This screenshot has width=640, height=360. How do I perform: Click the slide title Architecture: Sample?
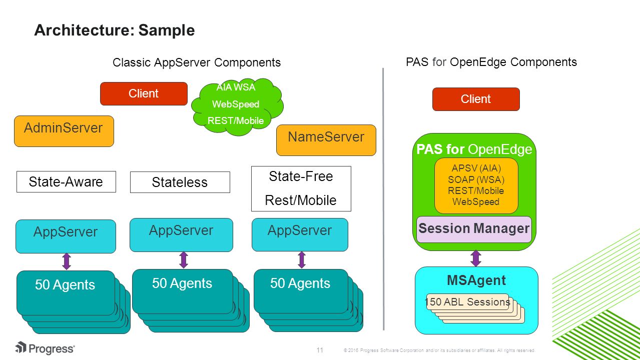[114, 30]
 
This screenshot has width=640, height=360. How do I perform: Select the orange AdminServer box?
[64, 131]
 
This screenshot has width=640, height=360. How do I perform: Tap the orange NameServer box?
[326, 140]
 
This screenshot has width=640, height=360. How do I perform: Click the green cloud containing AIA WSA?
[237, 106]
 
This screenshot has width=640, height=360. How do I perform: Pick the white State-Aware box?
[66, 182]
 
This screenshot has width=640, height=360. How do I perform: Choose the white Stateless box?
[180, 182]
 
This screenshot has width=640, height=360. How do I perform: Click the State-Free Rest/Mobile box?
[301, 188]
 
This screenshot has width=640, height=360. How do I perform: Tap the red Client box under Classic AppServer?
[144, 93]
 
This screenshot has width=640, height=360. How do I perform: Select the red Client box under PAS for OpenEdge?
[476, 99]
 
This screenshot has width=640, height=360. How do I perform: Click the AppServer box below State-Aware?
[66, 236]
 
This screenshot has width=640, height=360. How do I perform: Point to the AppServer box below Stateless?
[181, 235]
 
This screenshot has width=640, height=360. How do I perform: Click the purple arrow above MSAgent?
[476, 258]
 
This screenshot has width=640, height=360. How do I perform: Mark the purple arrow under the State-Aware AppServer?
[67, 261]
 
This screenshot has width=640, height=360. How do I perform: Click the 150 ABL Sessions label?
[468, 302]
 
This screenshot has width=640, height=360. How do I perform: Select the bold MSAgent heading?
[476, 280]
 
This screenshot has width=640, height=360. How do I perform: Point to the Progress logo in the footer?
[45, 348]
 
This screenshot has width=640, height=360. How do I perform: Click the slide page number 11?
[320, 350]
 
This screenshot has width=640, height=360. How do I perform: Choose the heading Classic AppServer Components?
[197, 62]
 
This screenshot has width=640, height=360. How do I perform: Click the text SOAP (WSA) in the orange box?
[476, 179]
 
